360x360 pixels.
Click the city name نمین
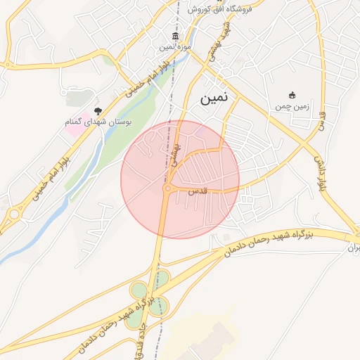tap(214, 99)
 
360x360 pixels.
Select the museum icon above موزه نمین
tap(175, 37)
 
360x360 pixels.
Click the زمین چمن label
tap(292, 107)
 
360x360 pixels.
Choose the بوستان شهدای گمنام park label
tap(98, 122)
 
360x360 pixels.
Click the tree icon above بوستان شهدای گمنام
tap(98, 111)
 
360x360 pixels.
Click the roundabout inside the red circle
tap(169, 188)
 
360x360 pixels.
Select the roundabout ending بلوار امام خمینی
tap(15, 214)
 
